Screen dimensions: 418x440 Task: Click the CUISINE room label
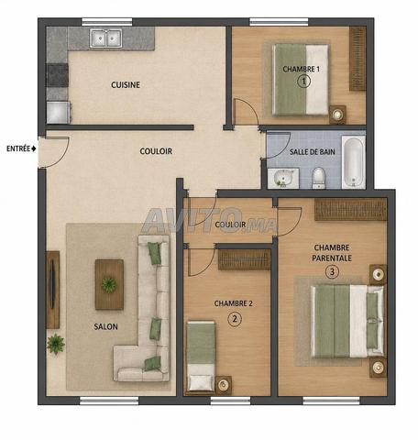(x=126, y=84)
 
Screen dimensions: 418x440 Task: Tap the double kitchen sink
(x=106, y=38)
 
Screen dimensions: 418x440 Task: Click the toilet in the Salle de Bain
(x=318, y=178)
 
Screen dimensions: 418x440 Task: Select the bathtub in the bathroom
(x=354, y=162)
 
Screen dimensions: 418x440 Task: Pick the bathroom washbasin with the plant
(x=283, y=178)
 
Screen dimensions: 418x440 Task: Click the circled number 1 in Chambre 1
(x=303, y=81)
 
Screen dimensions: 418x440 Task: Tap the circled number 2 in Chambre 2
(x=235, y=319)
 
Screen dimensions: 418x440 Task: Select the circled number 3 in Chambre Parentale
(x=332, y=271)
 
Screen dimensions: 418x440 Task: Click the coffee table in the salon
(x=109, y=284)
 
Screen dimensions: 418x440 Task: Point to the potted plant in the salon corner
(x=56, y=344)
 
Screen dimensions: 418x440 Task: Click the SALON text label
(x=105, y=326)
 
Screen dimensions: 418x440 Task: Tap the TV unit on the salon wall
(x=52, y=290)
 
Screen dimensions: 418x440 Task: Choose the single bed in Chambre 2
(x=201, y=356)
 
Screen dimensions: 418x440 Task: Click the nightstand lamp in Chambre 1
(x=337, y=115)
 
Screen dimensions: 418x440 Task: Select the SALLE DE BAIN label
(x=312, y=151)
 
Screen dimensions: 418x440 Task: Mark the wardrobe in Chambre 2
(x=245, y=259)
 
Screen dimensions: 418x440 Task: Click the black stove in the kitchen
(x=57, y=75)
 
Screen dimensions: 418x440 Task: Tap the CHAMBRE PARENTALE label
(x=332, y=253)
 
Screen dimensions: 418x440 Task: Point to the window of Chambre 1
(x=279, y=22)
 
